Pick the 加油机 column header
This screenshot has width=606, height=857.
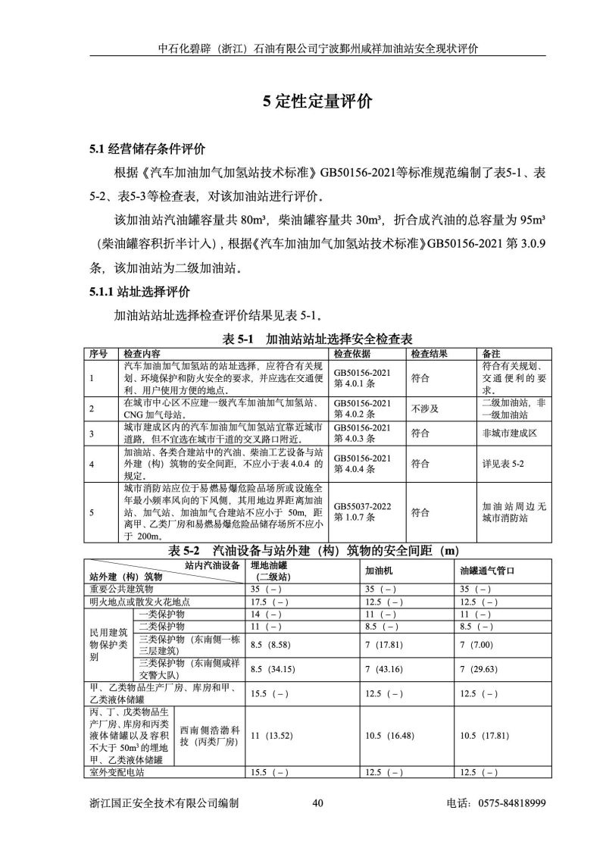click(x=377, y=571)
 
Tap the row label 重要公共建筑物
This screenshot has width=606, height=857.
click(x=122, y=587)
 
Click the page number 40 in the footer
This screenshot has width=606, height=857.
click(x=317, y=804)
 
